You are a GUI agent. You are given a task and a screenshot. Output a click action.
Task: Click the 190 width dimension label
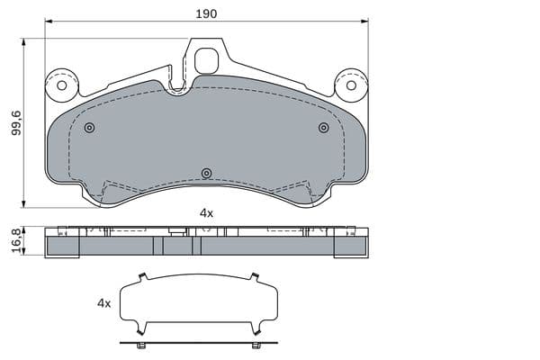(206, 13)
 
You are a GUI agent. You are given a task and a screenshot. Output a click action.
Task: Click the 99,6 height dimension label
(16, 122)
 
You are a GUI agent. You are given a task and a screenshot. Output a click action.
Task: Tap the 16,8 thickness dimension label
(16, 241)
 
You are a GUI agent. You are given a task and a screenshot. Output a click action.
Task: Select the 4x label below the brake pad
(206, 213)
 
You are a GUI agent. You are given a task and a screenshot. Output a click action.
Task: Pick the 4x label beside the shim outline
(104, 303)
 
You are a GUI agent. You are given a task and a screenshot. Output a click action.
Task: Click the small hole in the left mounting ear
(61, 85)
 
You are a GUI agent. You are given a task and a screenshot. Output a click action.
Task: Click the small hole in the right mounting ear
(351, 85)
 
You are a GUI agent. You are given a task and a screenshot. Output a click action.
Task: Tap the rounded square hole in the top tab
(206, 61)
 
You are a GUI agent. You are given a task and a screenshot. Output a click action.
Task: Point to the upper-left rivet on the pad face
(89, 128)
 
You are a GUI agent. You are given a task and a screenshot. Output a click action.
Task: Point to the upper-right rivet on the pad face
(323, 128)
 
